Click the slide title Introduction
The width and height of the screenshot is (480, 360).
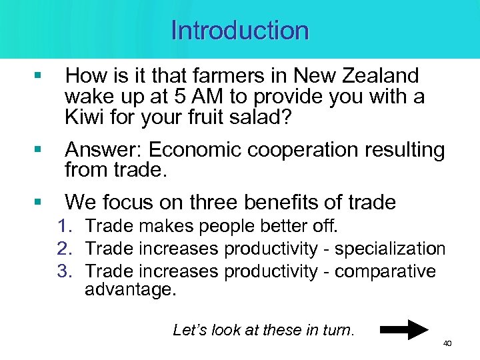(x=240, y=31)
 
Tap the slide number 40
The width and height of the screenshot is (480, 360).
(x=447, y=343)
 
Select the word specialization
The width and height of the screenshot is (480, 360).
(x=390, y=249)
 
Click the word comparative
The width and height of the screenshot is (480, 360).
(x=385, y=271)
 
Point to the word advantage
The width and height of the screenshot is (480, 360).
(x=129, y=290)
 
